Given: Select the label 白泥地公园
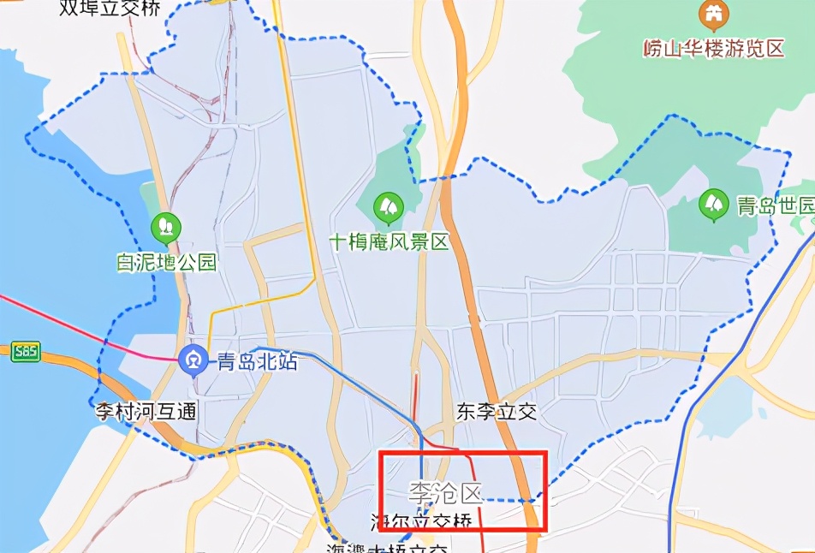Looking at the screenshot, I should (168, 263).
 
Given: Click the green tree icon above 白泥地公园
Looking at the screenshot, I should (165, 228).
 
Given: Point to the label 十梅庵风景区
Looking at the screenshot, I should (390, 242).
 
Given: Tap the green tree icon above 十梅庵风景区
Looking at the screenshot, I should (389, 206).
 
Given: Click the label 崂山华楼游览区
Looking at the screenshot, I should (713, 48).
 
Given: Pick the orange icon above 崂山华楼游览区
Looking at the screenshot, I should (712, 15).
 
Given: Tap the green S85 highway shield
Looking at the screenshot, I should (26, 351).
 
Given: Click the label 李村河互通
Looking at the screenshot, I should (146, 412).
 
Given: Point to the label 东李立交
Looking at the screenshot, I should (497, 412).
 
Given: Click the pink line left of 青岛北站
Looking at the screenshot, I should (86, 330).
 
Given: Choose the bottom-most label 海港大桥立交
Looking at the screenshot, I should (387, 547).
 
